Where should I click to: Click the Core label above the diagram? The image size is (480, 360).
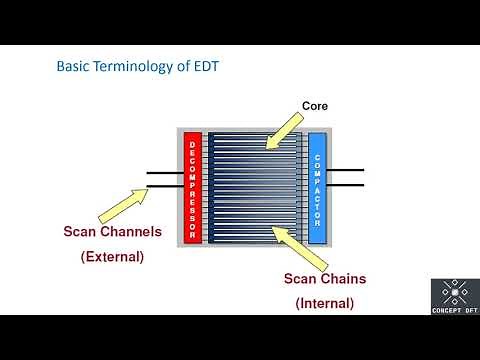pyautogui.click(x=315, y=105)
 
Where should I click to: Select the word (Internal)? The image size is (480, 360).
pyautogui.click(x=324, y=302)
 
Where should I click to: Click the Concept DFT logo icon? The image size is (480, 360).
pyautogui.click(x=453, y=293)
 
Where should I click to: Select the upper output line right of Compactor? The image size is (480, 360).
pyautogui.click(x=346, y=170)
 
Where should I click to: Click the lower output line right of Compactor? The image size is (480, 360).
pyautogui.click(x=346, y=184)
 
